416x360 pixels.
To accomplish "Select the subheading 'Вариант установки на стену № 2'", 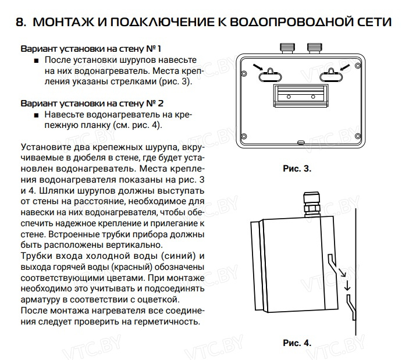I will [91, 104].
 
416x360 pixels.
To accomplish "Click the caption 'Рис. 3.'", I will [297, 169].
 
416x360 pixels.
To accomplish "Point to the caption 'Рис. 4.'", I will [297, 343].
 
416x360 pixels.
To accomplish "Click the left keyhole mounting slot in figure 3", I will [268, 73].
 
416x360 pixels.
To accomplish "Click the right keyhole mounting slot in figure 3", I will [333, 73].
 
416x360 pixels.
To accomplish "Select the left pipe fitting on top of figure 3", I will [286, 48].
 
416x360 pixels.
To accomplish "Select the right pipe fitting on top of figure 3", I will [315, 48].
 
